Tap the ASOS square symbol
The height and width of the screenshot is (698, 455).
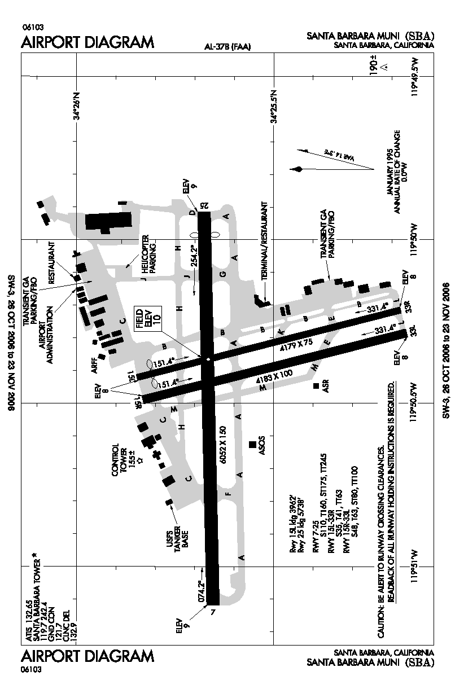(x=252, y=445)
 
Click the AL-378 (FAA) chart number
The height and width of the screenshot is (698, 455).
(x=228, y=47)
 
